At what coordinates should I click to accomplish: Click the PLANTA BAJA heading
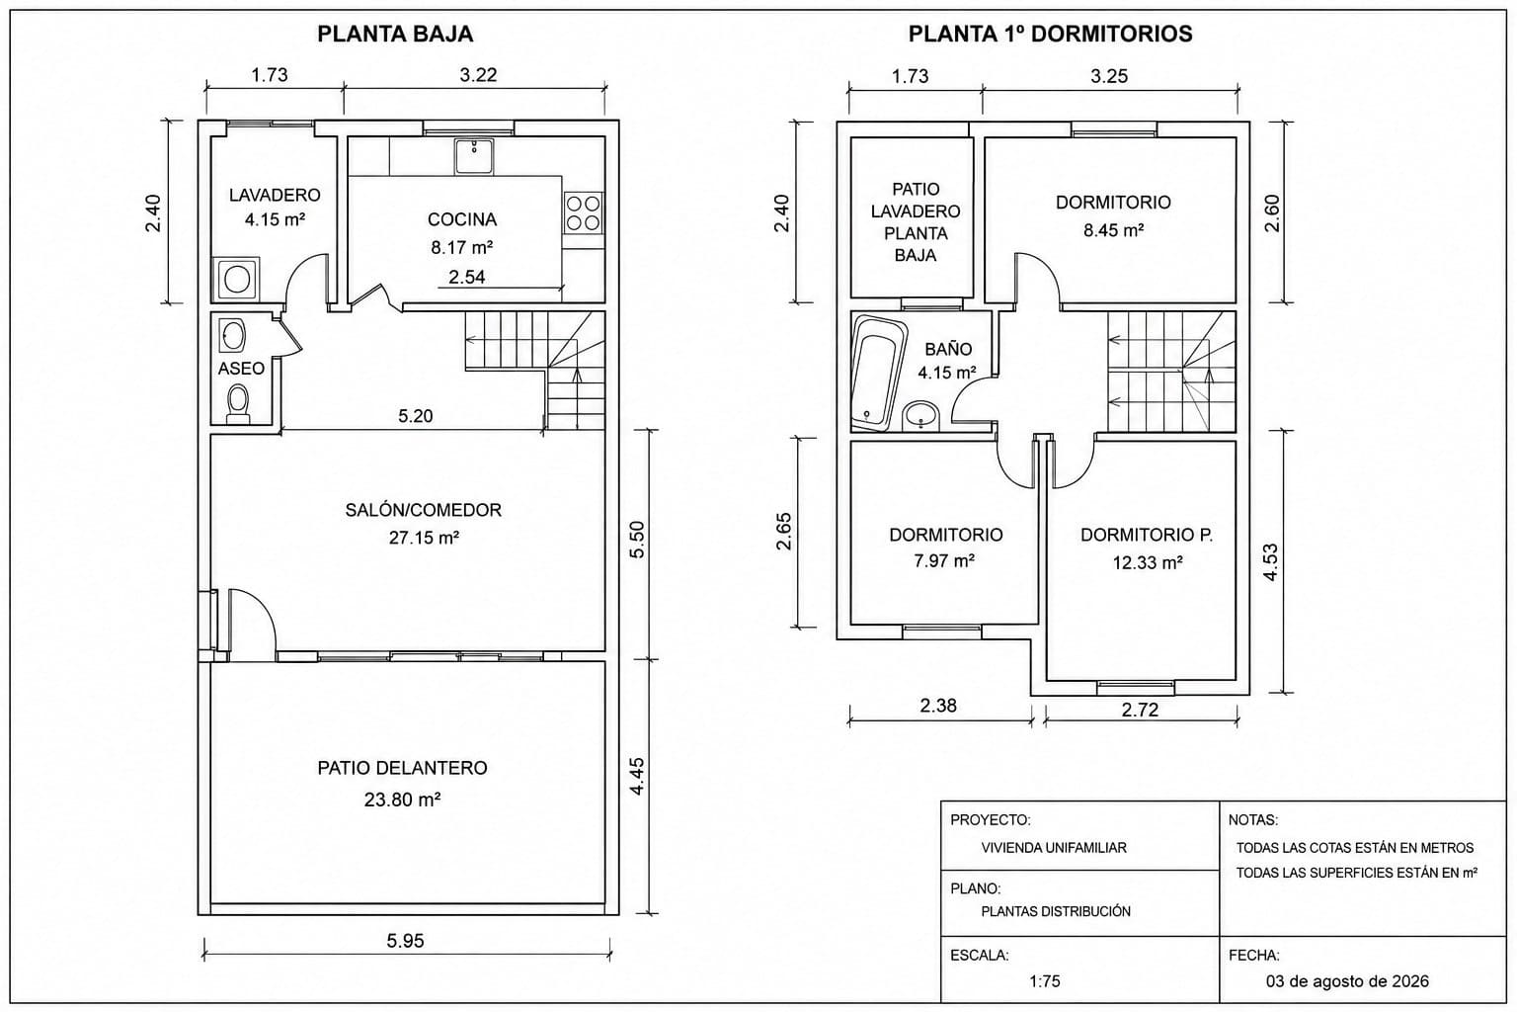pos(395,34)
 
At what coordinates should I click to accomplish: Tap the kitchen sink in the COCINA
pos(474,156)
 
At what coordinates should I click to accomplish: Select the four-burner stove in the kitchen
pos(583,212)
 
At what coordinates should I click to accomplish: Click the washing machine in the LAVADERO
pos(236,279)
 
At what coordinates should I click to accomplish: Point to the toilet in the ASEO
pos(238,404)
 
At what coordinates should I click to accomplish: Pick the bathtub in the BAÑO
pos(879,373)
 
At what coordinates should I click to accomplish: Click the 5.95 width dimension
pos(405,941)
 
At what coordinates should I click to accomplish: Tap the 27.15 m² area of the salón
pos(424,539)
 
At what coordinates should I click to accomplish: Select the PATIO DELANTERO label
pos(402,768)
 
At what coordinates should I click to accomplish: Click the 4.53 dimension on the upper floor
pos(1270,562)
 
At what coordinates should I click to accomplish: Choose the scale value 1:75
pos(1044,980)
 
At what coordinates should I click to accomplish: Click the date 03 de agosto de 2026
pos(1347,980)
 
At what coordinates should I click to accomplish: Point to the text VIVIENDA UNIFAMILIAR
pos(1054,847)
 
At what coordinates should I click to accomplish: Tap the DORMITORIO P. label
pos(1147,535)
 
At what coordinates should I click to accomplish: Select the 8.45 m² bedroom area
pos(1113,230)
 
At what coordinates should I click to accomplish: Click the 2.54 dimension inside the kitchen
pos(466,277)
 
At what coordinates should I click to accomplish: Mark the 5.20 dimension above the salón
pos(415,416)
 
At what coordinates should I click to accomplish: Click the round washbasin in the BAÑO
pos(921,414)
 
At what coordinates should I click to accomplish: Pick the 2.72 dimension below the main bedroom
pos(1141,710)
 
